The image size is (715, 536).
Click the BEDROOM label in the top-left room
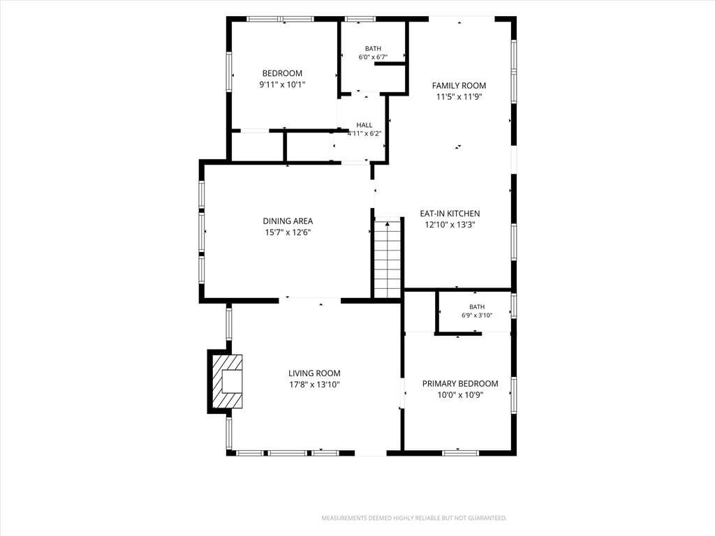tap(282, 73)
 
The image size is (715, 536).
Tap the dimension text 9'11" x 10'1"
tap(282, 84)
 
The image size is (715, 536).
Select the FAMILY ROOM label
tap(459, 85)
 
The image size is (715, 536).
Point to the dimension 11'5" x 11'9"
tap(459, 96)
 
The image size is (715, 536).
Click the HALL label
tap(364, 125)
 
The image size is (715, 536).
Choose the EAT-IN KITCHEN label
tap(450, 214)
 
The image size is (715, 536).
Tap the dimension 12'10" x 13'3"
tap(450, 225)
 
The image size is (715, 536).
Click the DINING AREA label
tap(288, 221)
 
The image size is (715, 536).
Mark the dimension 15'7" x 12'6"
tap(288, 232)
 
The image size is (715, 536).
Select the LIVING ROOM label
tap(314, 373)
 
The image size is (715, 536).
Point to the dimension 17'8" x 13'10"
tap(314, 385)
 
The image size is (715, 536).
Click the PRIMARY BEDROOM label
tap(459, 384)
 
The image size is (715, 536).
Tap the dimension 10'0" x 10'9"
tap(459, 395)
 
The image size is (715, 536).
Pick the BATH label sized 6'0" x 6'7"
tap(373, 49)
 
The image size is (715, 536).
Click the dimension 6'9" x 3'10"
tap(477, 315)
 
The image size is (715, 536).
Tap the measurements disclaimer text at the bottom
tap(414, 519)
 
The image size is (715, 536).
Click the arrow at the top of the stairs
tap(388, 224)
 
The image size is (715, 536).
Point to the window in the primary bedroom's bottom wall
tap(461, 453)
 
